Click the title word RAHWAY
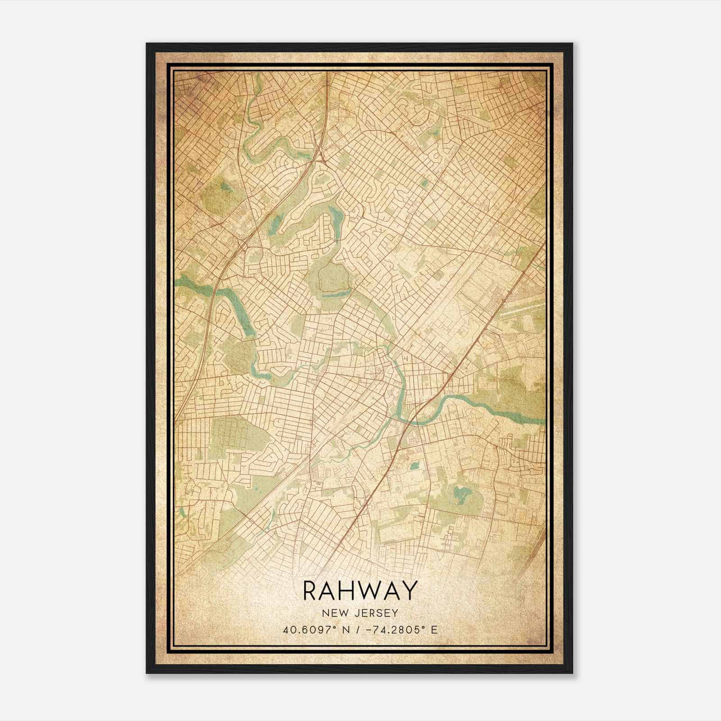360,591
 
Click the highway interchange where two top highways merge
321,155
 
